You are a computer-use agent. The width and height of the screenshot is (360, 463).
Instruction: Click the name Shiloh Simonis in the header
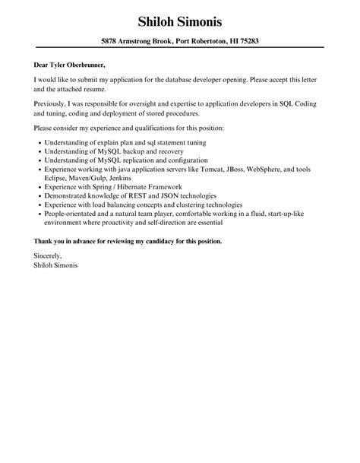[x=179, y=20]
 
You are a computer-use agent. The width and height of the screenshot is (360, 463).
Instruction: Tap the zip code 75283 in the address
[x=248, y=41]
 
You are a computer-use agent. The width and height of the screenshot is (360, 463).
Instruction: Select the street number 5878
[x=111, y=41]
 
